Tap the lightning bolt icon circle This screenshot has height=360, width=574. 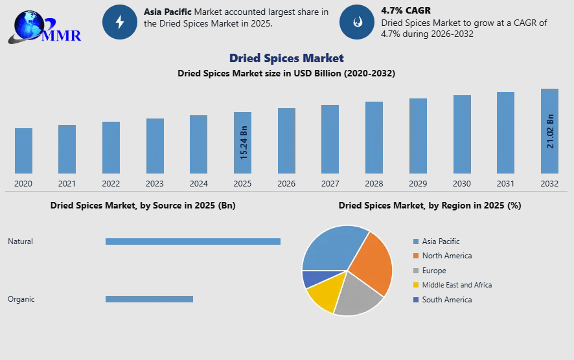pos(119,22)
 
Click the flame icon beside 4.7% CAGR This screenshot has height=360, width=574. pos(356,22)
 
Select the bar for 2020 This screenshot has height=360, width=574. pos(23,151)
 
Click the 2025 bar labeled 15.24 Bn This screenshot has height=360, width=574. pos(242,143)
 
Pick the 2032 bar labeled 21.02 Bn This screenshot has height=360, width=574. pos(549,131)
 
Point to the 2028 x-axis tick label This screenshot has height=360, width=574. pos(374,184)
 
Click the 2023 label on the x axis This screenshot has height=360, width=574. pos(155,184)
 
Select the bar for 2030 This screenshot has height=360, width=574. pos(462,135)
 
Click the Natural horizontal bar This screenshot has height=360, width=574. pos(193,242)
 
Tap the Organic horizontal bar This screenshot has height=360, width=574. pos(149,299)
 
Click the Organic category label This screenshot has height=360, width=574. pos(21,299)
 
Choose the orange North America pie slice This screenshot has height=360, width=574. pos(373,262)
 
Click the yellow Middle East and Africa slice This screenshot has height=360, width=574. pos(322,293)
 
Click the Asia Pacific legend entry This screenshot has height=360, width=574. pos(441,242)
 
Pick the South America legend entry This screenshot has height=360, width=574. pos(446,300)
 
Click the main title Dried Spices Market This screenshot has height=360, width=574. pos(286,58)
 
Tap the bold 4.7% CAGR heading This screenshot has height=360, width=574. pos(406,11)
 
